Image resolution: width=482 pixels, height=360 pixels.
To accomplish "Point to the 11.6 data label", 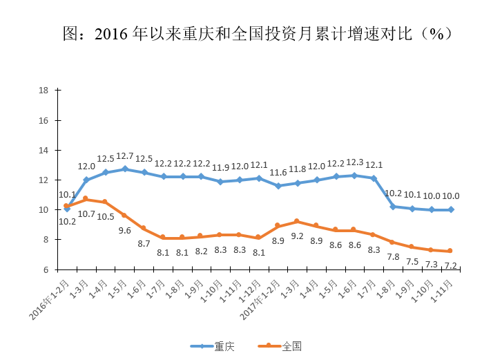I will [278, 173].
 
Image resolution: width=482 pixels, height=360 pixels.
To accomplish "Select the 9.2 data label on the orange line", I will [298, 236].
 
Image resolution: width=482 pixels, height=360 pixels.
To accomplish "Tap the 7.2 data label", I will [452, 265].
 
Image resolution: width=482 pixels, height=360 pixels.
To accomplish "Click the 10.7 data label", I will [86, 214].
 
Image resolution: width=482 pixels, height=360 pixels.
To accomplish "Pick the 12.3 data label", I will [354, 162].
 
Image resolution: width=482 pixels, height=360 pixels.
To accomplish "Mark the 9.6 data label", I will [124, 230].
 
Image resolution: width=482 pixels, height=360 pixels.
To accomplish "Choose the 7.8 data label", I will [393, 257].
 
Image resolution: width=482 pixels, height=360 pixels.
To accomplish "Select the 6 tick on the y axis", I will [45, 269].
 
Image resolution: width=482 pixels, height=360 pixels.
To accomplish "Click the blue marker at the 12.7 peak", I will [125, 169].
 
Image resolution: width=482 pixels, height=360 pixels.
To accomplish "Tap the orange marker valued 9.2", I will [297, 221].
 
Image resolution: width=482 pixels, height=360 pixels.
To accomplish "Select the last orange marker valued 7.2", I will [451, 251].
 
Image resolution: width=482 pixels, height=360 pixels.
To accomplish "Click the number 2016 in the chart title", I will [110, 33].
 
